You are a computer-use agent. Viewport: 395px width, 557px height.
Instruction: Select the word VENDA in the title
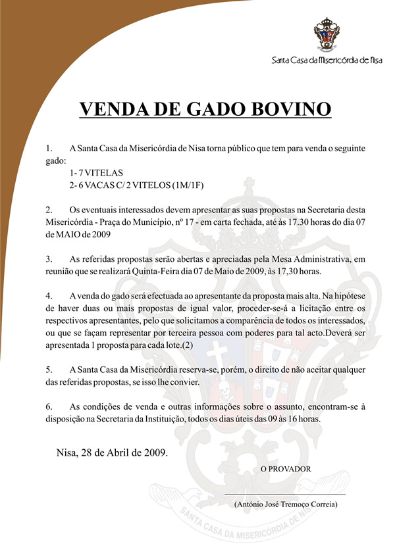[x=110, y=109]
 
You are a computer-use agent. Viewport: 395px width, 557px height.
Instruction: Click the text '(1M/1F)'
[x=188, y=185]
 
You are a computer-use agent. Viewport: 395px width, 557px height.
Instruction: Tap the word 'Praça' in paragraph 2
[x=116, y=222]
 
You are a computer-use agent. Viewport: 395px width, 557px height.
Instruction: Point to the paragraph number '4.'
[x=49, y=296]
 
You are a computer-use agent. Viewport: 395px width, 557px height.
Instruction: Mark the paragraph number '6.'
[x=49, y=406]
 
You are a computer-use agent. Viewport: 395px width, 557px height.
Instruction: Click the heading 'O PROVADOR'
[x=285, y=468]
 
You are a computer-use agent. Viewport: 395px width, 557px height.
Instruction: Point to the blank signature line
[x=285, y=493]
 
